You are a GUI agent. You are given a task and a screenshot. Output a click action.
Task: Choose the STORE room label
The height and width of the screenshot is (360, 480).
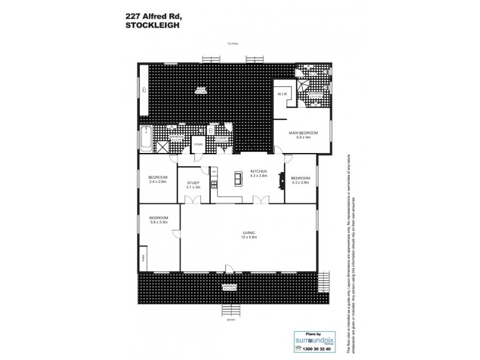click(x=198, y=145)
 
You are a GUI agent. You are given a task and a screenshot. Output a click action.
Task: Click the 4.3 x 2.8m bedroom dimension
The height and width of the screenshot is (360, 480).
click(x=301, y=182)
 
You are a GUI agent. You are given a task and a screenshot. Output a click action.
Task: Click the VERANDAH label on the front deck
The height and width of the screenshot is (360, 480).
click(x=229, y=287)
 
